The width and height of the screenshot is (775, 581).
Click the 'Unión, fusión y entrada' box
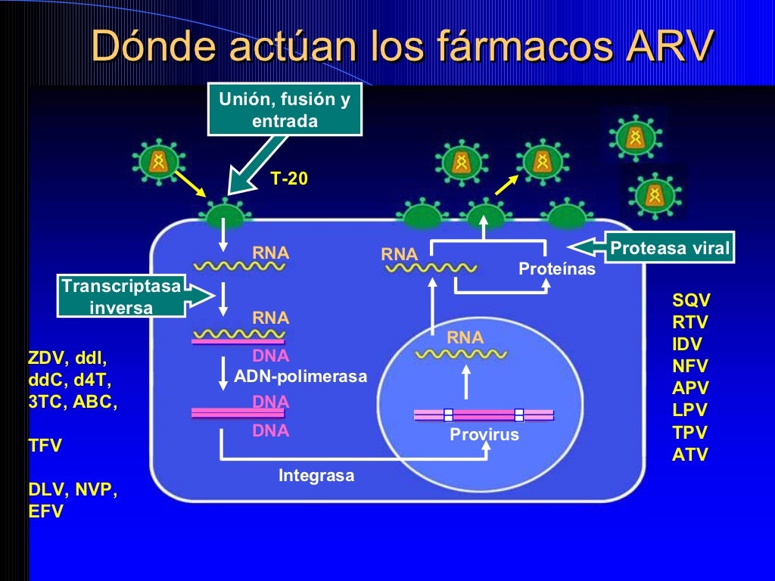(285, 110)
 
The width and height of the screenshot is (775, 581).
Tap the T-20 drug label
(289, 179)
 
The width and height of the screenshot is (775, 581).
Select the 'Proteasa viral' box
(671, 248)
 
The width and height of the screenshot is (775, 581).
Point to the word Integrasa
(316, 476)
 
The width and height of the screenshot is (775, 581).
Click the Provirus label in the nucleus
(484, 435)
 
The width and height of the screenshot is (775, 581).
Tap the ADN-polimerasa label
(300, 376)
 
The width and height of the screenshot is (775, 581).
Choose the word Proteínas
(556, 269)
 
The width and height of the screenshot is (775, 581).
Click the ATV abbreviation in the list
(689, 455)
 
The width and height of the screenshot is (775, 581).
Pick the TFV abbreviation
(45, 446)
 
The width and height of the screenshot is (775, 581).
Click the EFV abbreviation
(45, 512)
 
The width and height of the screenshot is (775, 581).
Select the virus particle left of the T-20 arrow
(157, 160)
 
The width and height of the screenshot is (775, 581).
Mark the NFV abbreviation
(689, 367)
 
